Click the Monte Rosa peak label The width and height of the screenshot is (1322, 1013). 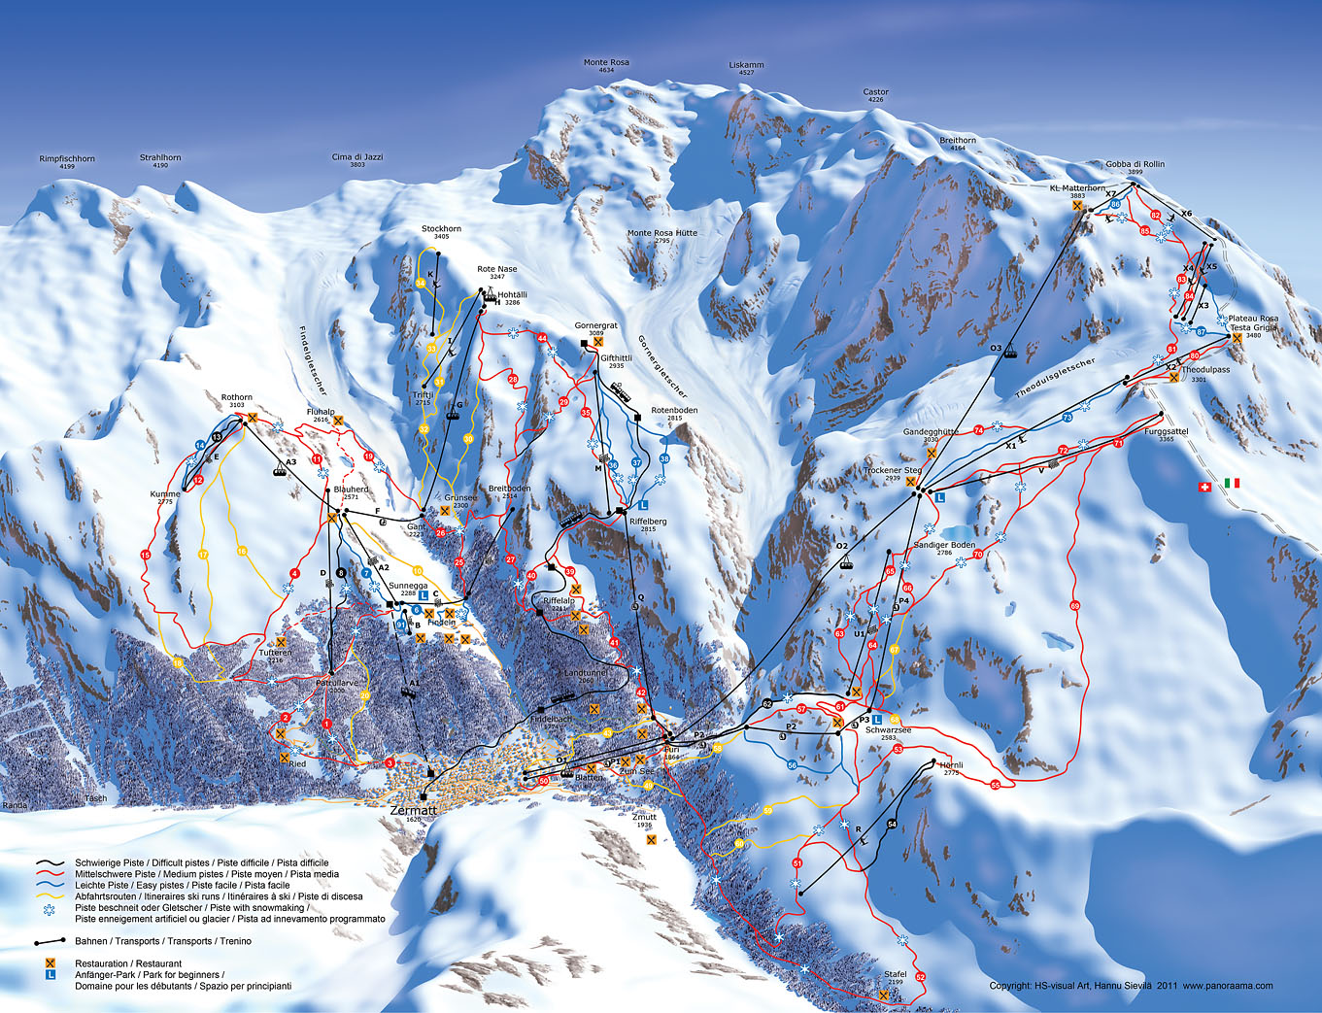pyautogui.click(x=606, y=63)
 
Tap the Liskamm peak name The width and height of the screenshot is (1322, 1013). pyautogui.click(x=746, y=65)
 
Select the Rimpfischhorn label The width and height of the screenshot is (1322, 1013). pyautogui.click(x=67, y=158)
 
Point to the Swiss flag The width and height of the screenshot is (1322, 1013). pyautogui.click(x=1205, y=484)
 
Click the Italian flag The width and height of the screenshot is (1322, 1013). pyautogui.click(x=1233, y=483)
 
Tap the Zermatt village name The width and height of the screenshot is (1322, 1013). pyautogui.click(x=413, y=809)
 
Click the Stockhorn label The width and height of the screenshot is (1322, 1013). pyautogui.click(x=441, y=229)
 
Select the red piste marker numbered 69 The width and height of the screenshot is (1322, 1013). pyautogui.click(x=1074, y=606)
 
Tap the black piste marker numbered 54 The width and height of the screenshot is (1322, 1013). pyautogui.click(x=892, y=825)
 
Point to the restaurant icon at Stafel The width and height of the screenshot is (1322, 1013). pyautogui.click(x=884, y=996)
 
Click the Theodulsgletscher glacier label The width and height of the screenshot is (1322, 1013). pyautogui.click(x=1055, y=379)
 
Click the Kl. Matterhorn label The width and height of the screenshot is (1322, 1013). pyautogui.click(x=1077, y=188)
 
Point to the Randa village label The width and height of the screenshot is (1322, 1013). pyautogui.click(x=15, y=805)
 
